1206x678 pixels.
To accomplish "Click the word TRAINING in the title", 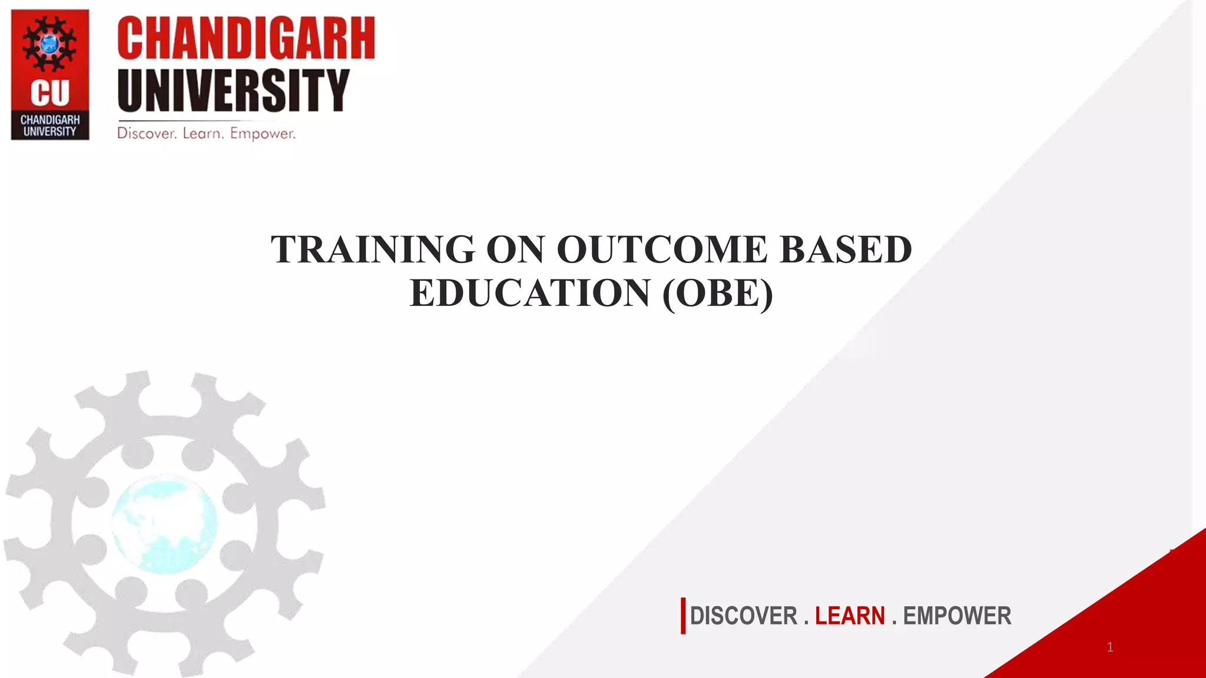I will (373, 250).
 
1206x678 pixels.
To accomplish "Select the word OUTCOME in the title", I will (662, 250).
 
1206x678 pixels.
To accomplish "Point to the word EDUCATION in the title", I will (529, 293).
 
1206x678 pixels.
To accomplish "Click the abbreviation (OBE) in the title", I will (717, 293).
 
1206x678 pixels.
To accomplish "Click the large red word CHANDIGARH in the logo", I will (246, 39).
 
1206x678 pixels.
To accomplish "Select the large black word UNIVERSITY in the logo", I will (233, 90).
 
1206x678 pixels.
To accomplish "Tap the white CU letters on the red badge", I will (50, 93).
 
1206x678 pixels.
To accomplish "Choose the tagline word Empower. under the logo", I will (263, 134).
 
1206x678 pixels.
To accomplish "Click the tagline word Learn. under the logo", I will (203, 134).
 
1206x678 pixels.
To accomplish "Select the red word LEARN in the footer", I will (849, 616).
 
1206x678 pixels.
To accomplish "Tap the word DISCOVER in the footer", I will (743, 616).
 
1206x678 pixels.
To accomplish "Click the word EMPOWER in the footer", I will (957, 616).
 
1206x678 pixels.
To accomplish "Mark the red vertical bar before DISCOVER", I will (683, 616).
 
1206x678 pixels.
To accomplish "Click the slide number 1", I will (1110, 647).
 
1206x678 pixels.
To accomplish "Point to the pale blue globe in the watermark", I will (164, 524).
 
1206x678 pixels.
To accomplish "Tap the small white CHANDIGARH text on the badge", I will (50, 119).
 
